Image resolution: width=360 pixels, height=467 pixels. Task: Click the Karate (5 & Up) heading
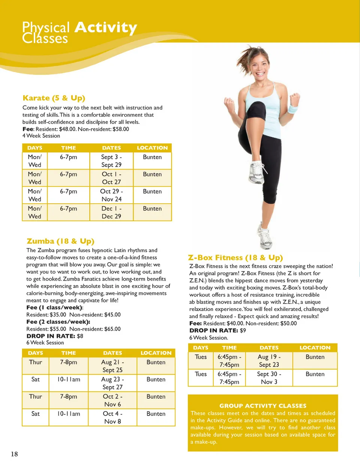[54, 98]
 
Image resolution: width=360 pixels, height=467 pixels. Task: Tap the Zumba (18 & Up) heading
[60, 241]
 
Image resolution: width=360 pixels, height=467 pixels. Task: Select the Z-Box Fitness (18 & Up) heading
[235, 258]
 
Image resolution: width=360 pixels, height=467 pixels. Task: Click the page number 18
[14, 454]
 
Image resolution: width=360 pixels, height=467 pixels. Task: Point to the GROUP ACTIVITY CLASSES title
[263, 406]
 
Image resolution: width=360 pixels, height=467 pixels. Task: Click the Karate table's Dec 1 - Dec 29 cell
[111, 212]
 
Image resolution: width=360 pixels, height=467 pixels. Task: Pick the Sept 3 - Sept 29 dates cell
[111, 161]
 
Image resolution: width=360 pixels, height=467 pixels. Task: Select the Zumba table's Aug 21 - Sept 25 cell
[112, 366]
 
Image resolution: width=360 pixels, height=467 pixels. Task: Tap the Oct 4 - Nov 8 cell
[112, 417]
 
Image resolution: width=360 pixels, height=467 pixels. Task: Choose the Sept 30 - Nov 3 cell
[269, 378]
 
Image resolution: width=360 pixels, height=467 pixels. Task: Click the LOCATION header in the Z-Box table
[315, 348]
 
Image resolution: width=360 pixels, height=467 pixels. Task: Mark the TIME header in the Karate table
[69, 148]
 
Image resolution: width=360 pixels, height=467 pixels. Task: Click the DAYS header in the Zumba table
[35, 353]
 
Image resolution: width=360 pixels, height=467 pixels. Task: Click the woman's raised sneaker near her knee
[256, 173]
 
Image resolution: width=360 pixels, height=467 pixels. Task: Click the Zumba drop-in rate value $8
[80, 336]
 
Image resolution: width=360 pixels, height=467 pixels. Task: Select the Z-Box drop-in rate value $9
[243, 330]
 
